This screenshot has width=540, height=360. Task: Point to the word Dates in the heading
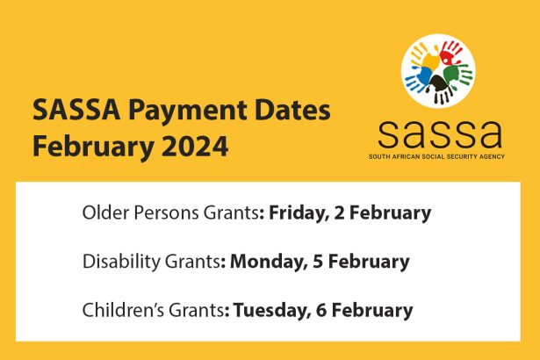289,112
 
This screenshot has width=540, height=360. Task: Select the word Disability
117,261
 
